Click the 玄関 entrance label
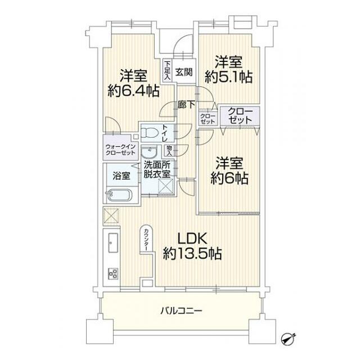[183, 71]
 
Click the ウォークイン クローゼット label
[120, 150]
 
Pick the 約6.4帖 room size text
[132, 91]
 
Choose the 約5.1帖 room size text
[228, 77]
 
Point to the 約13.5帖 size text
[191, 254]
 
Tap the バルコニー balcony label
[181, 310]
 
